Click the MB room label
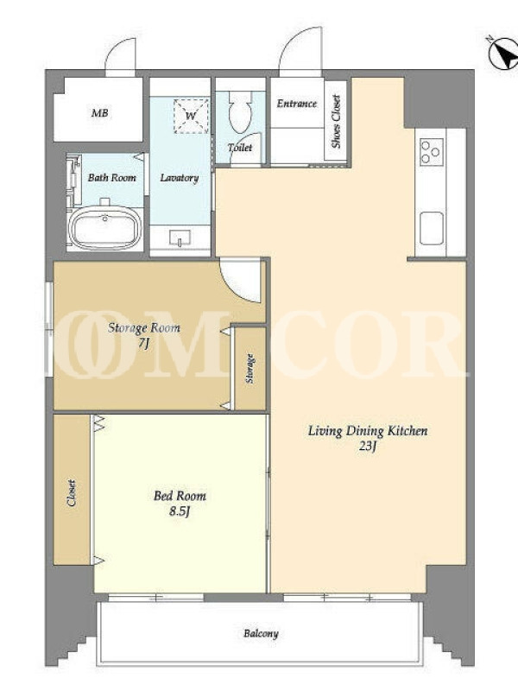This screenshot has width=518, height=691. [x=99, y=113]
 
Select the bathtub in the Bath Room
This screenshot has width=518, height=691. [x=104, y=228]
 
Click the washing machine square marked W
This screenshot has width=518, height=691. [x=191, y=117]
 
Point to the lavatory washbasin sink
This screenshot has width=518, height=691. [x=180, y=238]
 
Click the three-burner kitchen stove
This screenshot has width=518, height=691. [x=431, y=152]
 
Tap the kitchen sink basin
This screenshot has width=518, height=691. [x=431, y=228]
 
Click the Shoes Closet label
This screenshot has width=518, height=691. [x=337, y=121]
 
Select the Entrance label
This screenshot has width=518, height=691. [x=297, y=104]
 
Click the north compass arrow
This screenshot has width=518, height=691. [x=505, y=54]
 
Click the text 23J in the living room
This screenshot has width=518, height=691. [x=368, y=447]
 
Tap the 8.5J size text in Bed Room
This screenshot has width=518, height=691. [x=180, y=511]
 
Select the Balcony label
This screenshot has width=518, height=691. [x=261, y=634]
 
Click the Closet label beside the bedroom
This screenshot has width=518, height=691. [x=72, y=492]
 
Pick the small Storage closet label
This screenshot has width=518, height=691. [x=250, y=369]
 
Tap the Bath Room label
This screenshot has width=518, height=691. [x=112, y=178]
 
